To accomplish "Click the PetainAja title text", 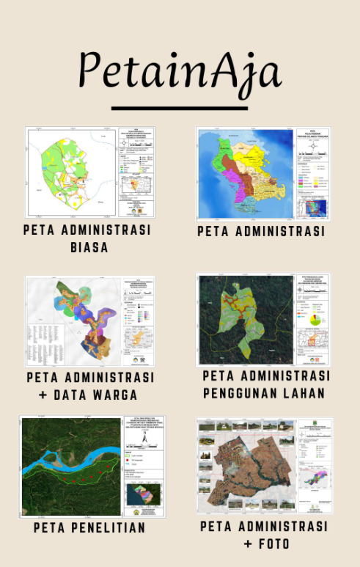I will (x=180, y=72).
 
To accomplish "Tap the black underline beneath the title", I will (x=180, y=109).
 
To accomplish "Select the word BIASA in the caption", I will (x=89, y=246).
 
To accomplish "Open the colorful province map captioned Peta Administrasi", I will (x=262, y=174).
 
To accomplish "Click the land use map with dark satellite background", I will (x=262, y=320).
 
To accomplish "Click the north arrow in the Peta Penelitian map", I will (x=144, y=437).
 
